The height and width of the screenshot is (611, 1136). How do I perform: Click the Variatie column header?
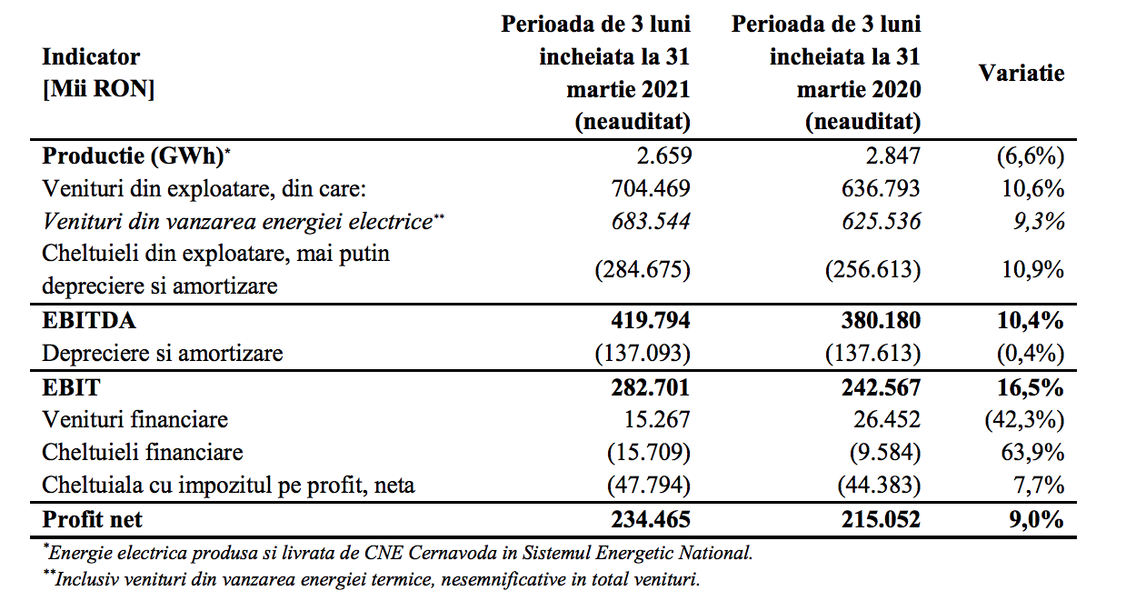[1021, 73]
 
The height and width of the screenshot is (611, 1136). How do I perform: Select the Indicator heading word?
[91, 57]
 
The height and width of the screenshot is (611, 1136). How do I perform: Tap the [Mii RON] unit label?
[98, 89]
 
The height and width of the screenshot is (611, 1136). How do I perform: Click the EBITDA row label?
[89, 321]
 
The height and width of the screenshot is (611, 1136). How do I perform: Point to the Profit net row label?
[93, 520]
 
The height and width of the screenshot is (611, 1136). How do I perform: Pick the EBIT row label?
[71, 387]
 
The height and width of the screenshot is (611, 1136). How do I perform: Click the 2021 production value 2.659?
[663, 155]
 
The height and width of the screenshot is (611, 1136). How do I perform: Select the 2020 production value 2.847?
[893, 155]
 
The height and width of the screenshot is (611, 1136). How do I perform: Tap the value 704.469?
[651, 189]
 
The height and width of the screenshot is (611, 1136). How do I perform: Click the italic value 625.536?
[882, 221]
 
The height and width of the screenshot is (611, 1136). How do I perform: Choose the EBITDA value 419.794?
[651, 321]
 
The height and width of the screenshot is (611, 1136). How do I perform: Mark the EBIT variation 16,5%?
[1031, 387]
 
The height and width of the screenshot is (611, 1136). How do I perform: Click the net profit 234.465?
[651, 520]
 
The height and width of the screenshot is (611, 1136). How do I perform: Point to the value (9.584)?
[885, 452]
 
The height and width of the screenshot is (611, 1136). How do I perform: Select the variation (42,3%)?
[1024, 420]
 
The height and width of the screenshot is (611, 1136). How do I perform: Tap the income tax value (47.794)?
[649, 486]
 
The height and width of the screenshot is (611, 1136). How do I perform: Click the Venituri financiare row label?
[135, 420]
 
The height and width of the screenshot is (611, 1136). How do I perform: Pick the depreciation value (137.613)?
[872, 353]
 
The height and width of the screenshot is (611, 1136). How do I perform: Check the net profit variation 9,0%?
[1036, 520]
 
